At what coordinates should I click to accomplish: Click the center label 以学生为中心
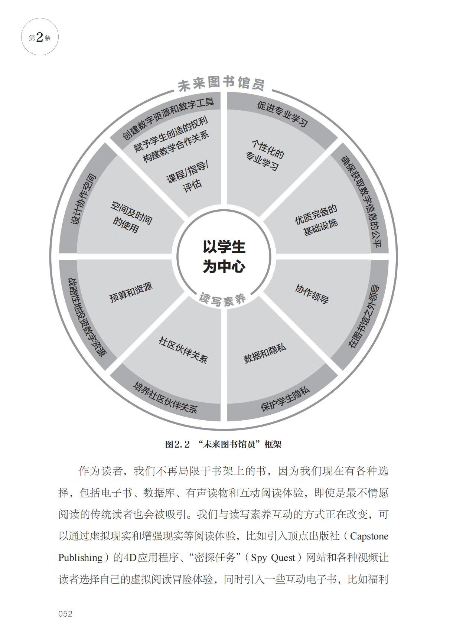click(224, 257)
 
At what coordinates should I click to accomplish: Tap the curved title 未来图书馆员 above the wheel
click(222, 84)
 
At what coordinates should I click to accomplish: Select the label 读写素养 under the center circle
click(223, 299)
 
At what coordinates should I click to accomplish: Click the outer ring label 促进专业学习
click(283, 114)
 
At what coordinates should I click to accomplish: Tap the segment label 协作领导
click(312, 294)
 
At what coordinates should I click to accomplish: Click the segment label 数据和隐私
click(265, 353)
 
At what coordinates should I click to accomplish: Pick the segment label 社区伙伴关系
click(183, 350)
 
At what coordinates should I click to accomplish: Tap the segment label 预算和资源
click(131, 292)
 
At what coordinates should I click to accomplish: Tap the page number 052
click(65, 614)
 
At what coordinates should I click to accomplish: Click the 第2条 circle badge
click(40, 37)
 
